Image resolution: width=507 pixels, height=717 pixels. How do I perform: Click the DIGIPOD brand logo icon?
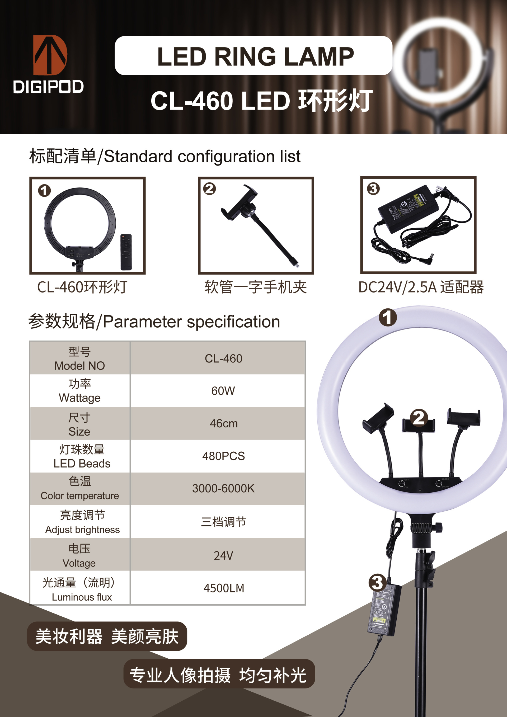coord(50,55)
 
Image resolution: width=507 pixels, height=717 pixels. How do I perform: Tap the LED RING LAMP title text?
coord(256,56)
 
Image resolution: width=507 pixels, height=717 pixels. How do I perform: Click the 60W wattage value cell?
coord(223,391)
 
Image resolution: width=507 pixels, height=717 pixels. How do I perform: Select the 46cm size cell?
coord(224,423)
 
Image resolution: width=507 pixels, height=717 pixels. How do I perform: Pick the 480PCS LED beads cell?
coord(224,456)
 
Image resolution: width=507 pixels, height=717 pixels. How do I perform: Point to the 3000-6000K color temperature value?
coord(224,488)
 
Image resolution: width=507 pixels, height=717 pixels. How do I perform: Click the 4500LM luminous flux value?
coord(224,588)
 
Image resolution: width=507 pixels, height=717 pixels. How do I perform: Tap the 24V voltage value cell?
coord(224,555)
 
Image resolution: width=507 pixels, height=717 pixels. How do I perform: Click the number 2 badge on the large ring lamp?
coord(419,418)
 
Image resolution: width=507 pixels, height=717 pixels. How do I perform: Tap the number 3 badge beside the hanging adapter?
coord(377,583)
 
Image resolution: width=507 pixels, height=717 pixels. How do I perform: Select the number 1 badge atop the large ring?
coord(388,317)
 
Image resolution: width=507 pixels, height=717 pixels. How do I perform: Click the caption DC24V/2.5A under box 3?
coord(421,287)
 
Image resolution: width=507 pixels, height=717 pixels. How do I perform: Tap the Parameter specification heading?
coord(154,322)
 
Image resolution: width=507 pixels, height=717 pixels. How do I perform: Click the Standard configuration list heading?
coord(165,156)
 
